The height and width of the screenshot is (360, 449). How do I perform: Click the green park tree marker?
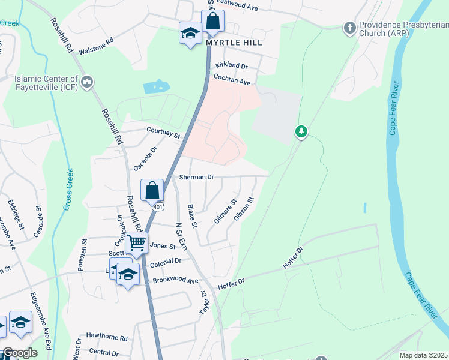pos(301,131)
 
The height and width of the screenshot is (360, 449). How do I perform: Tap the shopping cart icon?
pos(137,243)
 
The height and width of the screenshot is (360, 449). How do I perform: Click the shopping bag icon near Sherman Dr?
pos(152,190)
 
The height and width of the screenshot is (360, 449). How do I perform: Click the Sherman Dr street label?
pos(196,178)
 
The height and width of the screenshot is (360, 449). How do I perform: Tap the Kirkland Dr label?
pos(232,65)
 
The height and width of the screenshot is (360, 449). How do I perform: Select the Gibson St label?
pos(244,208)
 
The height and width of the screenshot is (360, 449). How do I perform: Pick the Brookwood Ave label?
pos(175,281)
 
